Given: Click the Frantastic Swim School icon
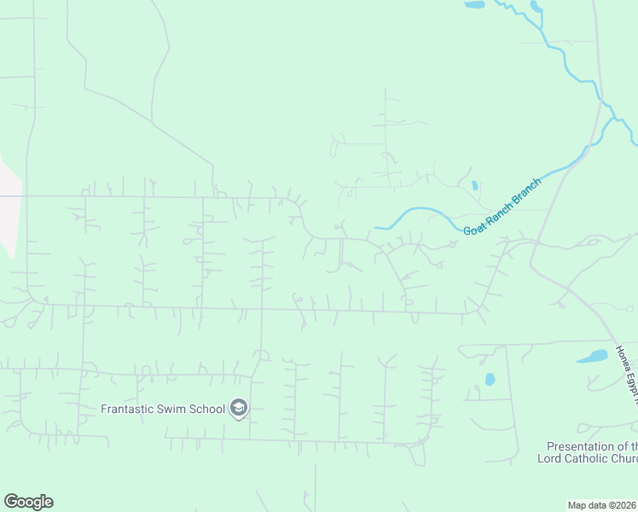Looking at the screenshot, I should [239, 409].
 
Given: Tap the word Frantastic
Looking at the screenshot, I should [130, 409].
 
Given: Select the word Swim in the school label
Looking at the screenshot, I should [177, 409].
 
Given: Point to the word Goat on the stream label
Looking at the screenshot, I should [474, 228].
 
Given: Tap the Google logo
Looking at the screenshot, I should [28, 502].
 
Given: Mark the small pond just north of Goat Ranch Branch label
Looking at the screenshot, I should [474, 185].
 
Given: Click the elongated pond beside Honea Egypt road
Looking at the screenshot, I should [592, 356].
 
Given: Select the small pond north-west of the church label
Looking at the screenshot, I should [490, 379].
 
